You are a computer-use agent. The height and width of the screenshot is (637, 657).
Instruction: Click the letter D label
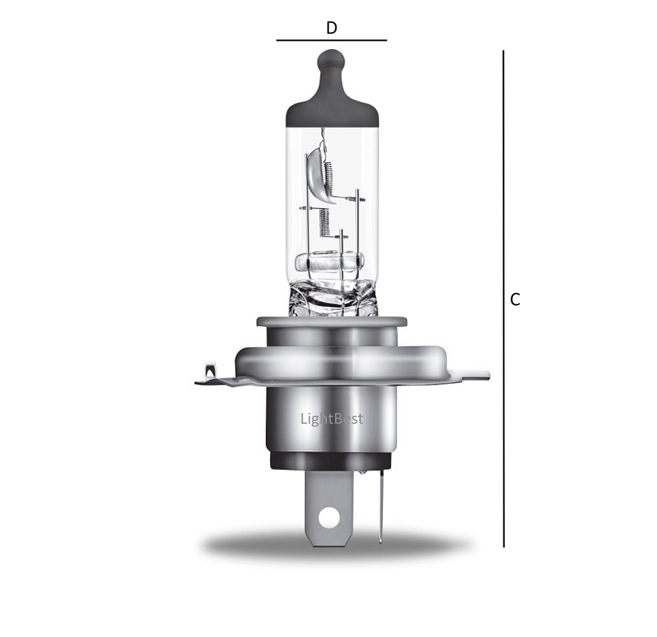click(331, 28)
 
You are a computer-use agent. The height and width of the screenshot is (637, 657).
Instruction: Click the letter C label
click(516, 299)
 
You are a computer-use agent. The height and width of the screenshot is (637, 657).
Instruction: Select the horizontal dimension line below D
click(331, 40)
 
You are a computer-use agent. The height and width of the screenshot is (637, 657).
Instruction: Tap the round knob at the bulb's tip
click(331, 61)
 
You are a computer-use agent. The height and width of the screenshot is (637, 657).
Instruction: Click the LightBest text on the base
click(331, 419)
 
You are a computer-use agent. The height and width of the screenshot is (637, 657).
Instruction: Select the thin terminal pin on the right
click(380, 510)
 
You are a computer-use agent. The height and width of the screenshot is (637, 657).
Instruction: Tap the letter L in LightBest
click(303, 419)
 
